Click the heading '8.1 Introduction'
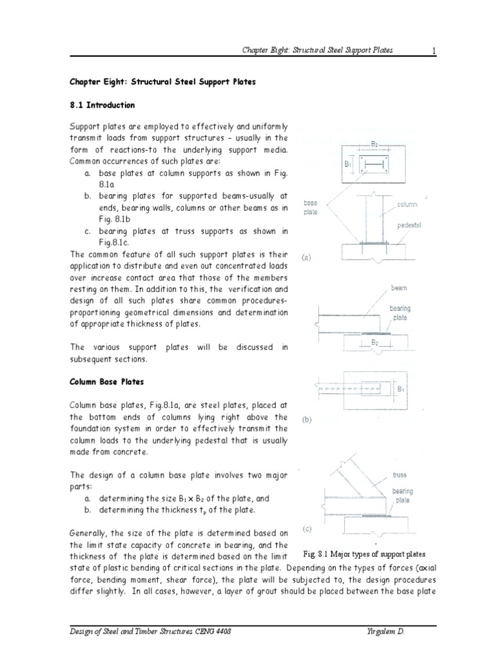coord(102,104)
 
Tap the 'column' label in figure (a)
coord(407,204)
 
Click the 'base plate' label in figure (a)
coord(310,206)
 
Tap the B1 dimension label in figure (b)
coord(401,389)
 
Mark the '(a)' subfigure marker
coord(307,257)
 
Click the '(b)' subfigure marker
coord(307,419)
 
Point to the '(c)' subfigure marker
coord(307,529)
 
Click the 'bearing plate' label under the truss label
coord(403,495)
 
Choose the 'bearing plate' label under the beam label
coord(400,313)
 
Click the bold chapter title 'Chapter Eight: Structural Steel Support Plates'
coord(163,82)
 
